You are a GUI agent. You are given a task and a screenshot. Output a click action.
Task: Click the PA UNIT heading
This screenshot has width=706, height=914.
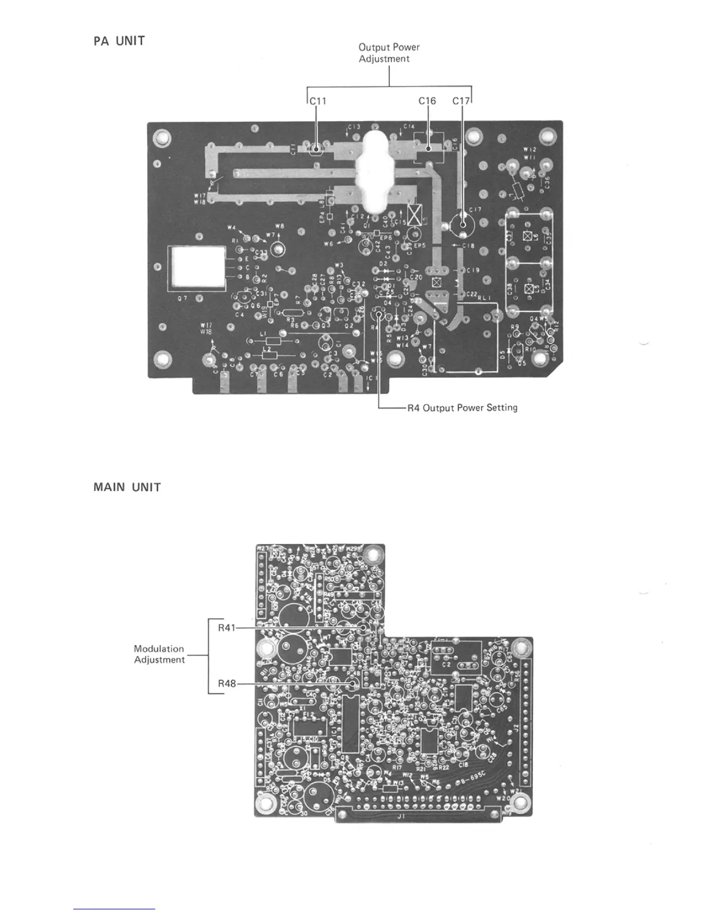coord(119,42)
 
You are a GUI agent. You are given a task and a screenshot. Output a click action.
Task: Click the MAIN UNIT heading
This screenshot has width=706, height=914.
coord(127,488)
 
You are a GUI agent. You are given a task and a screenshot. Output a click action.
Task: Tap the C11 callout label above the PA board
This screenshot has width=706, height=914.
coord(318,101)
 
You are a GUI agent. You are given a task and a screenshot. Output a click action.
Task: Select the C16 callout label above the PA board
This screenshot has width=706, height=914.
coord(427,101)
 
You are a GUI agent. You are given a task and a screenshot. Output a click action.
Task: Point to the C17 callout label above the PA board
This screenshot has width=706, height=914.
coord(461,101)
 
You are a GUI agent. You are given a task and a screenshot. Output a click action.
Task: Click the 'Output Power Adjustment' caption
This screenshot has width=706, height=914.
coord(389,53)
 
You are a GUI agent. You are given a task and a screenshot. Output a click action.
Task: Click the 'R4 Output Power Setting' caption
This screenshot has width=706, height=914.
coord(462,408)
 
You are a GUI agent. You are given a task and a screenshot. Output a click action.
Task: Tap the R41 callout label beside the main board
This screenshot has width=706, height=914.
coord(227,628)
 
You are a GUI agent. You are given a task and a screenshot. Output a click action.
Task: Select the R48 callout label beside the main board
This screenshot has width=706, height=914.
coord(227,684)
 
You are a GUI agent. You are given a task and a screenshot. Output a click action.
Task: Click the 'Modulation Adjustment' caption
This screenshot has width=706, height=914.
coord(159,654)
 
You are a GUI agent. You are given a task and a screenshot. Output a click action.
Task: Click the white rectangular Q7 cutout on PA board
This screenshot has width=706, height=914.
coord(196,268)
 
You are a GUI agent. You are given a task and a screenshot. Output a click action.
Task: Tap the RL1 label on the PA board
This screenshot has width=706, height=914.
coord(484,294)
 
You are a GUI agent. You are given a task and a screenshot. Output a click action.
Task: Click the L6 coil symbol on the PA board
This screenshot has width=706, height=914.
coord(527,236)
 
